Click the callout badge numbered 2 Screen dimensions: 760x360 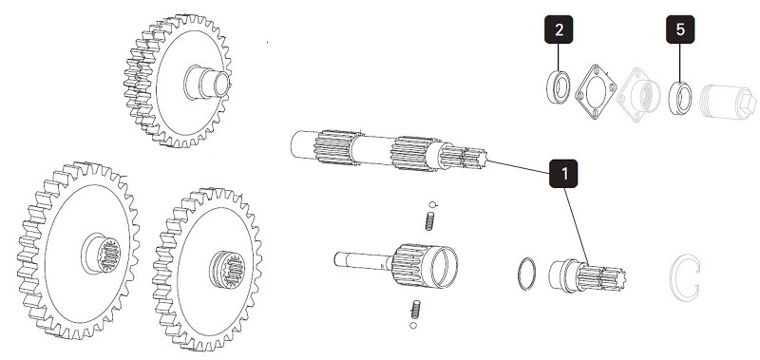pos(559,29)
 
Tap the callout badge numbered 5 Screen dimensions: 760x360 pos(680,29)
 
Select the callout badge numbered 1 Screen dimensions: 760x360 pos(563,174)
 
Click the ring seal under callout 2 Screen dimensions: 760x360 pos(558,87)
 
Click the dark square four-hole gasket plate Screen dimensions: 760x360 pos(596,91)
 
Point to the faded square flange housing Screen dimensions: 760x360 pos(638,95)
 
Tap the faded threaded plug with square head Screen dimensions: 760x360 pos(727,102)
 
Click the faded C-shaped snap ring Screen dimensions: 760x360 pos(673,277)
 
